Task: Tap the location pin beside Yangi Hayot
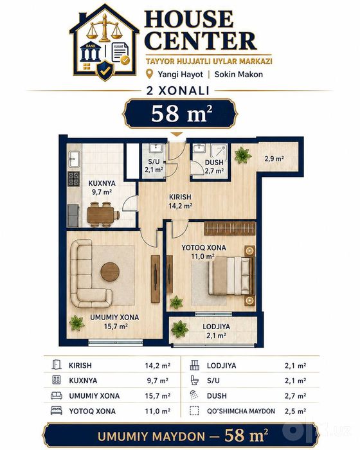point(149,74)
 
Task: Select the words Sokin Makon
point(239,75)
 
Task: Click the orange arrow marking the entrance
point(177,134)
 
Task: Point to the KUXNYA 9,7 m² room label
point(102,188)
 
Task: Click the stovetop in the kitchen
point(73,179)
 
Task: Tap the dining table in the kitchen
point(102,215)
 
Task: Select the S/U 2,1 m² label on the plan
point(154,166)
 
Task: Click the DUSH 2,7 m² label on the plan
point(214,166)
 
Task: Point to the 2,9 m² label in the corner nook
point(274,158)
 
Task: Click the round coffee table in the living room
point(110,271)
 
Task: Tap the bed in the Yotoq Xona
point(231,276)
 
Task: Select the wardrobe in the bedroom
point(230,228)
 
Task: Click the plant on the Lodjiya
point(180,329)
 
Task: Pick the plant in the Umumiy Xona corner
point(76,323)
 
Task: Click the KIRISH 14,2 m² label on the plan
point(180,201)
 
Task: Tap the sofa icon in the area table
point(57,395)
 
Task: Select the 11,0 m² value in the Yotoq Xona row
point(157,411)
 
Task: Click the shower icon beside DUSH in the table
point(194,395)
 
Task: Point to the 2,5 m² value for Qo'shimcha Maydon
point(296,411)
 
